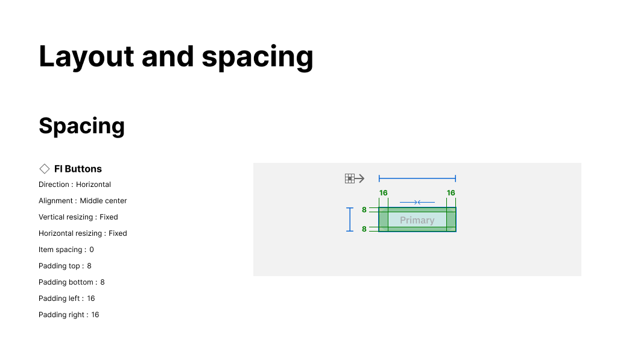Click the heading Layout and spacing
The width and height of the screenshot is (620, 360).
(x=176, y=57)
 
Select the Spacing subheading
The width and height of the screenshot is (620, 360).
(x=82, y=126)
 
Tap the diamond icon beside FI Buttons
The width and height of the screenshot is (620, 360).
(x=44, y=169)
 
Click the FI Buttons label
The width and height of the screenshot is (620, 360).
(x=78, y=169)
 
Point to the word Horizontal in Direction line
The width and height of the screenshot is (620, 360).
(x=93, y=185)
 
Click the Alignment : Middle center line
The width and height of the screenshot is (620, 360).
(x=83, y=201)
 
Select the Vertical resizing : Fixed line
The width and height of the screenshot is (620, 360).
(x=78, y=217)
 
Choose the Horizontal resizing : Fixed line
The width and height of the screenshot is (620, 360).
(x=83, y=233)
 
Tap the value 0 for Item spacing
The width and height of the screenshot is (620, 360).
(x=92, y=250)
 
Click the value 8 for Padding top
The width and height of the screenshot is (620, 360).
(x=89, y=266)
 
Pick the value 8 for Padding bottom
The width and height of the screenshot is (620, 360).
(x=103, y=282)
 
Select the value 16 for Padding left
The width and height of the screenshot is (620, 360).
(x=91, y=298)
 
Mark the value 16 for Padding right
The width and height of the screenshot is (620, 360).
(x=95, y=315)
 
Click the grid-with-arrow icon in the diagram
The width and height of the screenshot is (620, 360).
(x=355, y=178)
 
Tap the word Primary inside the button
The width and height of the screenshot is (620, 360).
(x=417, y=220)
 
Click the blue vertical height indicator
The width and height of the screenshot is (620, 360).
(x=350, y=219)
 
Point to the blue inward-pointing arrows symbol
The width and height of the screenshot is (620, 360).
(x=417, y=203)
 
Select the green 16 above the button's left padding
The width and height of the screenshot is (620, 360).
(x=384, y=193)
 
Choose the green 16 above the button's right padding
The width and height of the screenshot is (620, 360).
(x=451, y=193)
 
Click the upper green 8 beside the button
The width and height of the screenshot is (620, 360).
(x=364, y=210)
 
